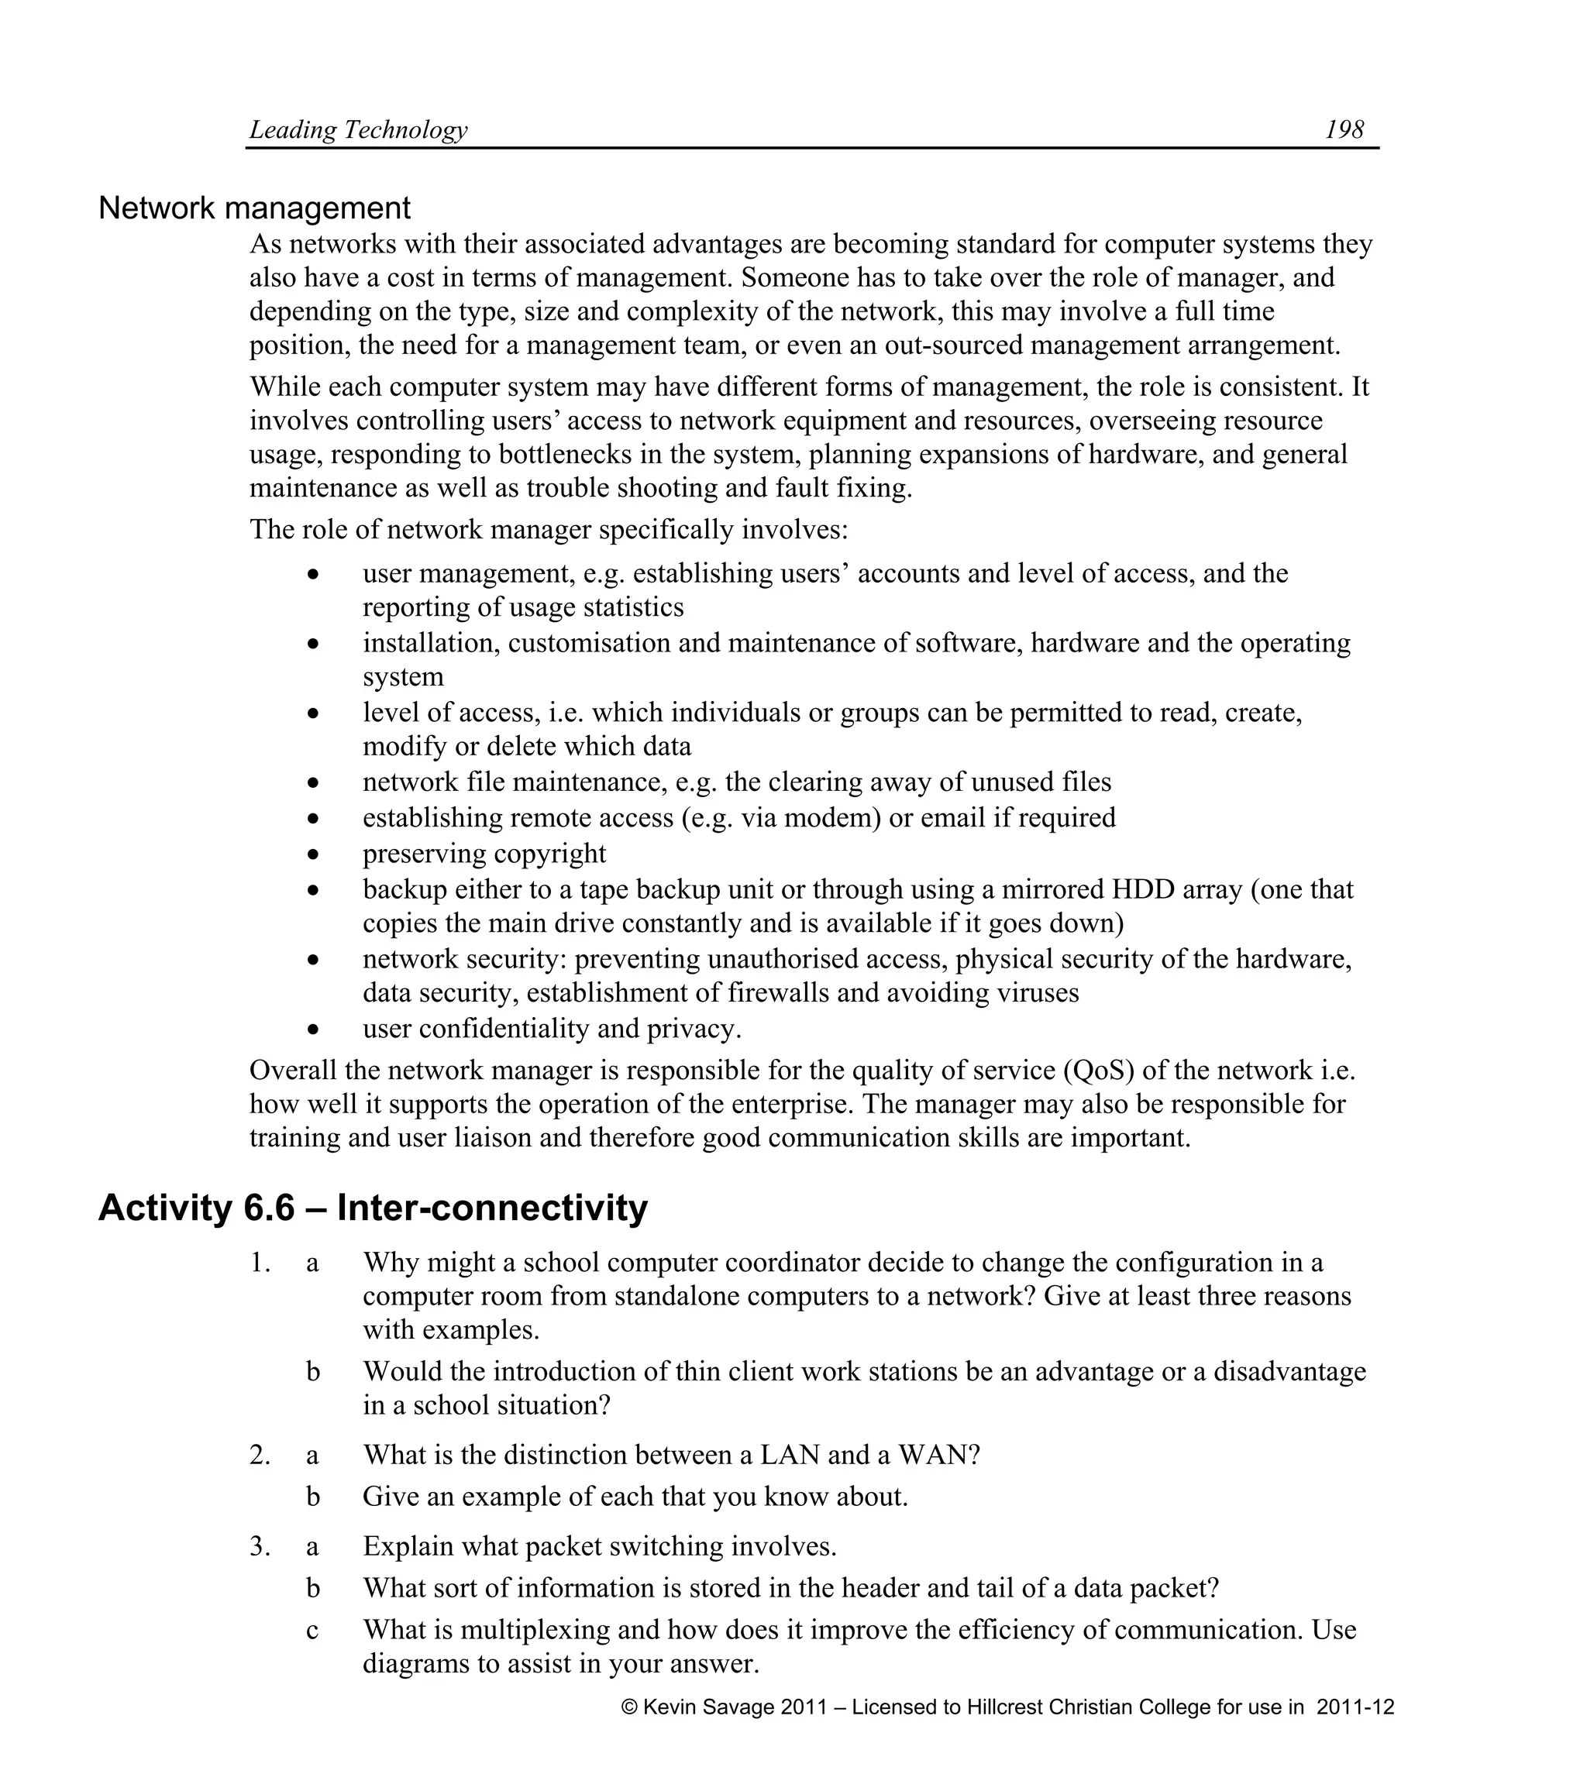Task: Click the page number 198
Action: [1344, 129]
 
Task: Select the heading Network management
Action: [254, 208]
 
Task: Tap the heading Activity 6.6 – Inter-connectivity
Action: [373, 1208]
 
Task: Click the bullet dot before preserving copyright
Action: [313, 854]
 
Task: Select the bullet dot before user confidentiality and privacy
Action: [313, 1030]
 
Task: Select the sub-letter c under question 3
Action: [312, 1630]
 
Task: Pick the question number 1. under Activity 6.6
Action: [260, 1263]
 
